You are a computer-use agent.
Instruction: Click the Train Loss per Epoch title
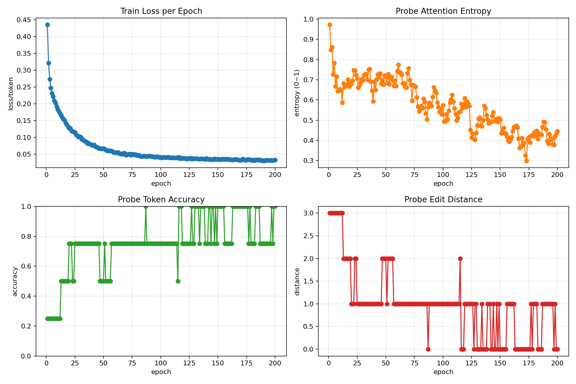(161, 11)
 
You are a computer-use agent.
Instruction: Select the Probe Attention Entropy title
(443, 11)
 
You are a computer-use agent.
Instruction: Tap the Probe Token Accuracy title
(161, 199)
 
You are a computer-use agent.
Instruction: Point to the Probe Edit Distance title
(443, 199)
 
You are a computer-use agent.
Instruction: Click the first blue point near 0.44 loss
(47, 25)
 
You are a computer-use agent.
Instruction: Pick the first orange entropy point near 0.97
(330, 25)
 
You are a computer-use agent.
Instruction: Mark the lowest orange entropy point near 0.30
(526, 161)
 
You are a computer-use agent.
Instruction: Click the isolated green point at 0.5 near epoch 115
(178, 281)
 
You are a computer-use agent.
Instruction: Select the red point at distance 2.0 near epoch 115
(460, 259)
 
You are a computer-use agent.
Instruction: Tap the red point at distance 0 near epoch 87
(428, 349)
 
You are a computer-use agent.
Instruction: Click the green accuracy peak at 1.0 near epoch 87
(146, 206)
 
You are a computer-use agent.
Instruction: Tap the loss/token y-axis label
(11, 94)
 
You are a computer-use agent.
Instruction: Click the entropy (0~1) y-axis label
(297, 93)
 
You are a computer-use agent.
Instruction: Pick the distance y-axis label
(297, 281)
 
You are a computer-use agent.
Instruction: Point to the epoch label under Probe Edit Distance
(443, 372)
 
